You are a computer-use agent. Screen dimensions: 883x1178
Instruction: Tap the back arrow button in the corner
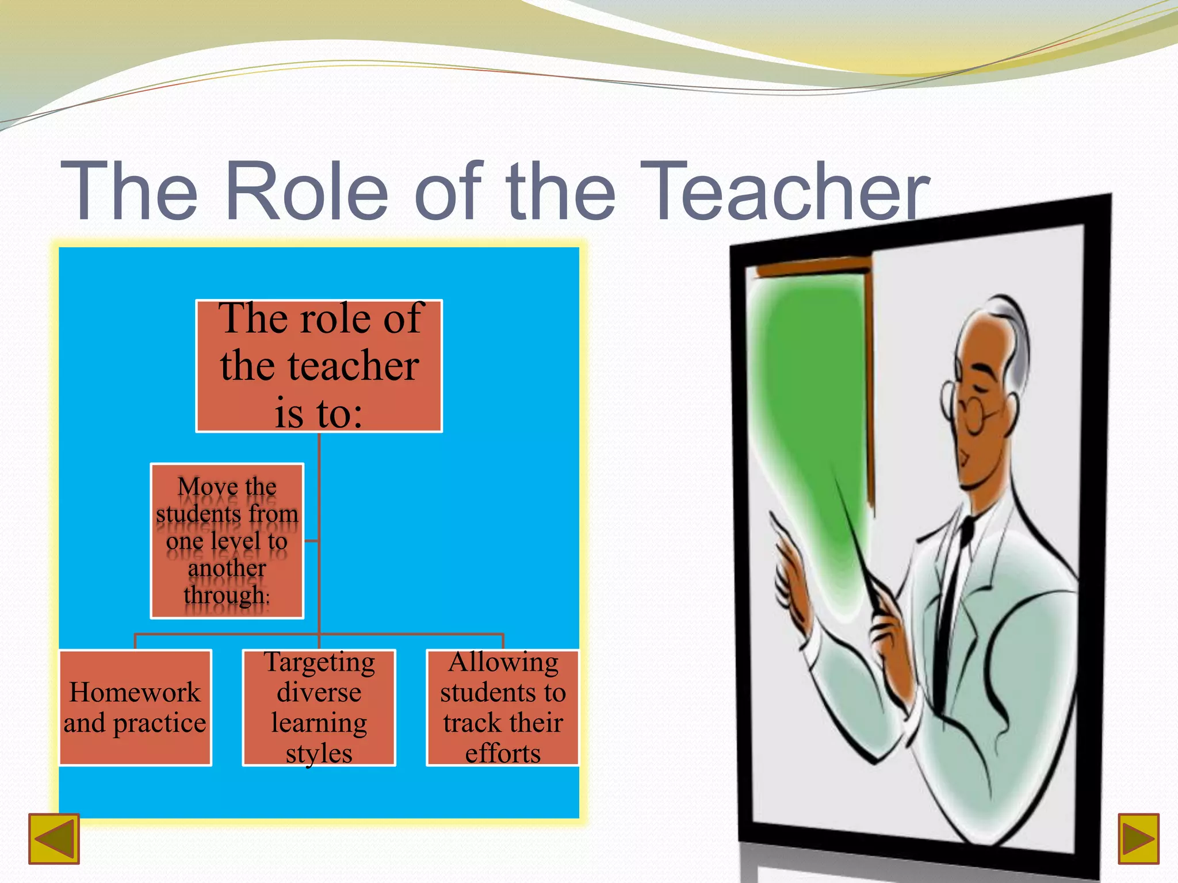54,839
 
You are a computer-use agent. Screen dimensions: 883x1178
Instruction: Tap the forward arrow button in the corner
1138,839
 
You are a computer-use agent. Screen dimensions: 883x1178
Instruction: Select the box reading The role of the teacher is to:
319,366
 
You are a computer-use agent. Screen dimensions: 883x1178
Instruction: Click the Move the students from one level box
227,540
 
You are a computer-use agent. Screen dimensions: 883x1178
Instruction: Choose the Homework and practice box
135,708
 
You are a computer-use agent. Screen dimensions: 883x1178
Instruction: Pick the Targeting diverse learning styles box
319,708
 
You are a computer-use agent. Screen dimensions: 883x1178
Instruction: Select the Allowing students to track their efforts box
503,708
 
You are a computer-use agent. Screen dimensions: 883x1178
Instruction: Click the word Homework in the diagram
135,692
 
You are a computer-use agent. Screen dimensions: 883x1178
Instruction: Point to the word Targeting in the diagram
319,662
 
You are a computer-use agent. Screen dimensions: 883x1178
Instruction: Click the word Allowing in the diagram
503,662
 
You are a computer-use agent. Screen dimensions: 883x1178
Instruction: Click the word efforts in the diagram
503,753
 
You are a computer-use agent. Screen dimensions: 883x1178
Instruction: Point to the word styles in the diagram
319,753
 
